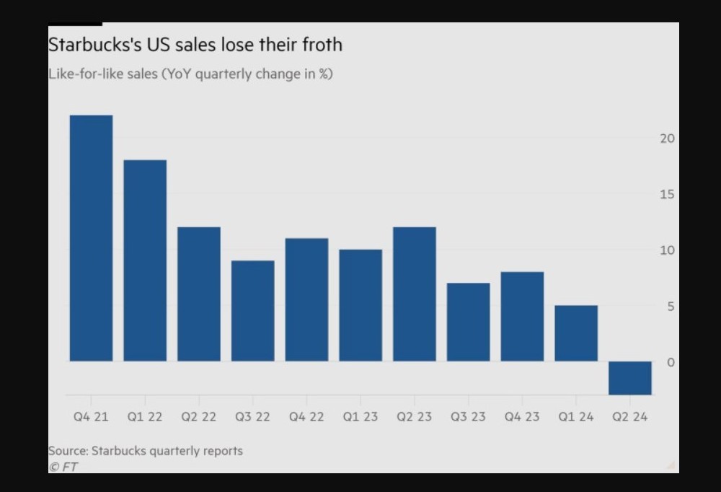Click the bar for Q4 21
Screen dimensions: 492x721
pos(91,238)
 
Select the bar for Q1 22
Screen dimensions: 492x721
pos(145,260)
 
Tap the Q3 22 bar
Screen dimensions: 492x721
pos(252,311)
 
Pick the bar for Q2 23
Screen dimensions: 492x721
pos(415,294)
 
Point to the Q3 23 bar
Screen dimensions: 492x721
pos(468,322)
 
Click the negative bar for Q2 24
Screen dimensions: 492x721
pos(630,378)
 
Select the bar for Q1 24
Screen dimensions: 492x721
pos(576,333)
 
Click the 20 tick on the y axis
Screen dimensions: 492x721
pos(667,139)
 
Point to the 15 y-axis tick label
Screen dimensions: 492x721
pos(667,194)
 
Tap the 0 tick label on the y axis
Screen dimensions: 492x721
pos(671,362)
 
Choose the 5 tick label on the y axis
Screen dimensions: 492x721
pos(671,307)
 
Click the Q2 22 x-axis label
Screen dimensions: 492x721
pos(199,417)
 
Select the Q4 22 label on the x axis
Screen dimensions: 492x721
pos(306,417)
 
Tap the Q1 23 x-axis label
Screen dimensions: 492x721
pos(360,417)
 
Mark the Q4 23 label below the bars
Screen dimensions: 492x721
pos(522,417)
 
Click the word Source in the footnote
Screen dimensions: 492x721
pos(68,451)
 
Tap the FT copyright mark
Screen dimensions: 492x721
pos(63,467)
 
